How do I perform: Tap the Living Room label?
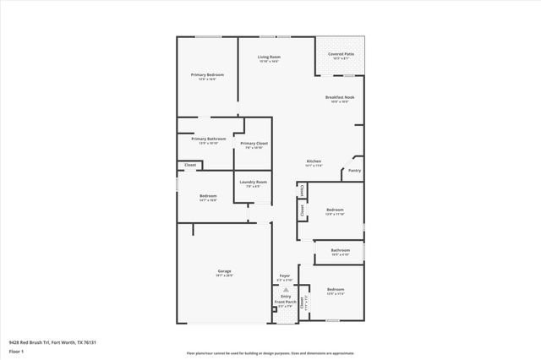coord(269,57)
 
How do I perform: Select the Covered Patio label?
coord(341,55)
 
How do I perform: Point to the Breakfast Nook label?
coord(341,98)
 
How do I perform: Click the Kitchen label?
coord(314,161)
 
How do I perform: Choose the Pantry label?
coord(354,170)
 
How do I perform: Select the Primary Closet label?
coord(254,145)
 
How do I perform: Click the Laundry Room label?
coord(254,183)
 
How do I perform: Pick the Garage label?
coord(224,271)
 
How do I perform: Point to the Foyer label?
coord(285,275)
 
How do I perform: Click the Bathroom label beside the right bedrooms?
coord(341,250)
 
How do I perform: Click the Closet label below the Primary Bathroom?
coord(190,165)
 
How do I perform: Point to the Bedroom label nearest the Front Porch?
coord(336,289)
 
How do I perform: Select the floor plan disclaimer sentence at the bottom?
coord(270,353)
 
